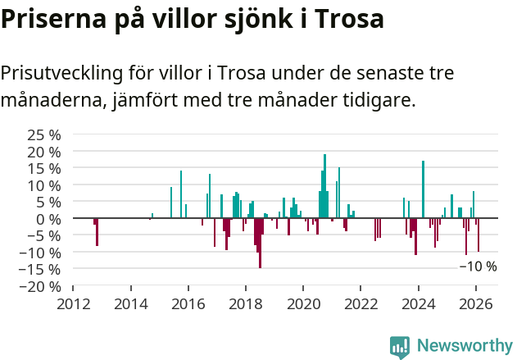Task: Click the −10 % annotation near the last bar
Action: pyautogui.click(x=478, y=267)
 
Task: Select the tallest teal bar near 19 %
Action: pyautogui.click(x=324, y=186)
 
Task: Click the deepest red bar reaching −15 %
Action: pyautogui.click(x=260, y=243)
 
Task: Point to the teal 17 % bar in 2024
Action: pyautogui.click(x=423, y=189)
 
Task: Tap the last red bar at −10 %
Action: pyautogui.click(x=478, y=235)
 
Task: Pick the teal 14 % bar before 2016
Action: pyautogui.click(x=181, y=194)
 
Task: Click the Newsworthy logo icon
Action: pyautogui.click(x=400, y=347)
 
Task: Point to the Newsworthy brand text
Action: pyautogui.click(x=465, y=346)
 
